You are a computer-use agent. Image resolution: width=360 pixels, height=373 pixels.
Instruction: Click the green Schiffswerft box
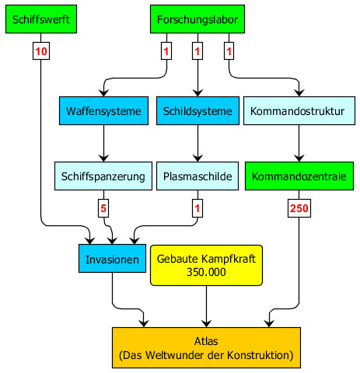(x=41, y=19)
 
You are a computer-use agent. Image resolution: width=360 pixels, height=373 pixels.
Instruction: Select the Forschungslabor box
(x=197, y=19)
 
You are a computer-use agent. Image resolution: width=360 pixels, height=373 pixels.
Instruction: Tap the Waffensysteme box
(x=103, y=111)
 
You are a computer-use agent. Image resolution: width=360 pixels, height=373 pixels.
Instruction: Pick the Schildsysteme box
(x=197, y=111)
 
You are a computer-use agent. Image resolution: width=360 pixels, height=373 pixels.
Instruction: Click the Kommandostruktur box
(x=299, y=111)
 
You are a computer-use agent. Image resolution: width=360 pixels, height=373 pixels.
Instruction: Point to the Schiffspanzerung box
(x=103, y=176)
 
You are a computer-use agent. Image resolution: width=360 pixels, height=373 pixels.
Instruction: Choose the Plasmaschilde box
(x=197, y=176)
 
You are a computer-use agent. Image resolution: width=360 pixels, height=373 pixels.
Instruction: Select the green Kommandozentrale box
(x=299, y=176)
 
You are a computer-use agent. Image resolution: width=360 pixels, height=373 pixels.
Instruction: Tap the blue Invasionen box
(x=112, y=259)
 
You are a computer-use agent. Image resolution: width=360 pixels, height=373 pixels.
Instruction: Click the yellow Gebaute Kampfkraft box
(x=206, y=266)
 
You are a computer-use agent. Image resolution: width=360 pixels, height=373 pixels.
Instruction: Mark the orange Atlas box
(x=206, y=348)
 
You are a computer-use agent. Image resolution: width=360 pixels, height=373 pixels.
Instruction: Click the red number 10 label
(x=41, y=51)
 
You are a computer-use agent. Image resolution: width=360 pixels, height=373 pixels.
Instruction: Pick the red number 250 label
(x=299, y=208)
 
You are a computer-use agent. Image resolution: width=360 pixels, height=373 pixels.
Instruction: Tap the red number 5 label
(x=103, y=208)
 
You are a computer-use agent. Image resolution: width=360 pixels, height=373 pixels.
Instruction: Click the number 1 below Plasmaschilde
(x=197, y=208)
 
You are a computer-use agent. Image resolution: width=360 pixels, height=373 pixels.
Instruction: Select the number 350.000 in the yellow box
(x=206, y=272)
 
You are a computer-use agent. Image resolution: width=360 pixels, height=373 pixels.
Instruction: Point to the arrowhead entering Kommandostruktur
(x=299, y=92)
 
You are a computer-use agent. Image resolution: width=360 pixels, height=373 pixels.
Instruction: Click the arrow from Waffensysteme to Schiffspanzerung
(x=103, y=144)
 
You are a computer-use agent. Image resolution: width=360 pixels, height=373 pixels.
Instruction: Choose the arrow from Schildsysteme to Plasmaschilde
(x=197, y=144)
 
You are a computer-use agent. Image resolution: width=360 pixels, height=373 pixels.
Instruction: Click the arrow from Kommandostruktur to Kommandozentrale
(x=299, y=144)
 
